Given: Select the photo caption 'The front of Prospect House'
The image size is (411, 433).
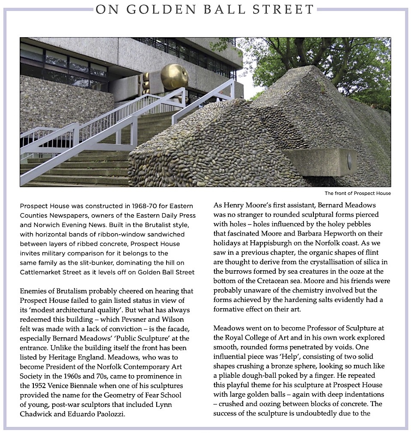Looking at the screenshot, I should click(357, 193).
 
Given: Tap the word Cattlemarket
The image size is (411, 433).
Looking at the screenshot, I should click(41, 272).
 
